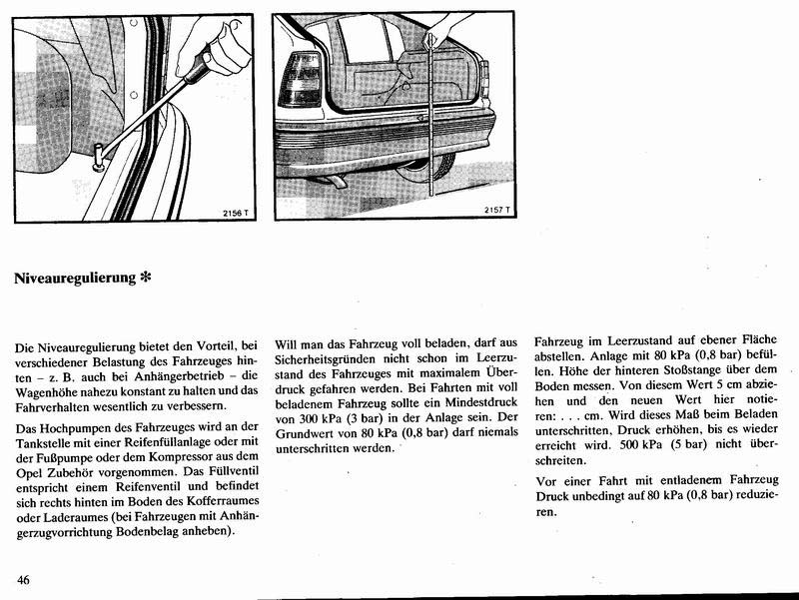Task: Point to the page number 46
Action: pyautogui.click(x=24, y=579)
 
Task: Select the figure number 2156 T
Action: pyautogui.click(x=231, y=211)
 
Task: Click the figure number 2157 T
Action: pyautogui.click(x=496, y=211)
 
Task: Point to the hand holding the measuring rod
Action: pyautogui.click(x=433, y=40)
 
